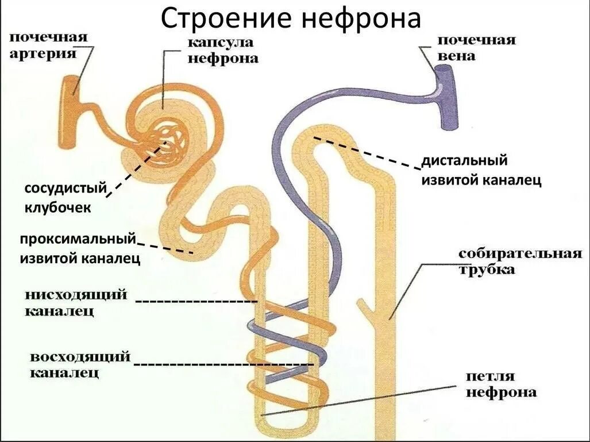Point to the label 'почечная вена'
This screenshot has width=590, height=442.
click(476, 48)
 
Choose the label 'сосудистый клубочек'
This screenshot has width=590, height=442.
click(65, 197)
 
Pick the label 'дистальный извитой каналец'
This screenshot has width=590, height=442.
click(481, 170)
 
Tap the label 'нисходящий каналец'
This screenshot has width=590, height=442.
click(75, 302)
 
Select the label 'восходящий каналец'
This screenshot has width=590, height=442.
click(80, 365)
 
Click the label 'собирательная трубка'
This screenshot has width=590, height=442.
click(519, 262)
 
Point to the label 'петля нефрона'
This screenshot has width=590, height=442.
click(500, 385)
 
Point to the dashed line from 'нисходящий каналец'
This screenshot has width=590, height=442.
click(195, 301)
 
